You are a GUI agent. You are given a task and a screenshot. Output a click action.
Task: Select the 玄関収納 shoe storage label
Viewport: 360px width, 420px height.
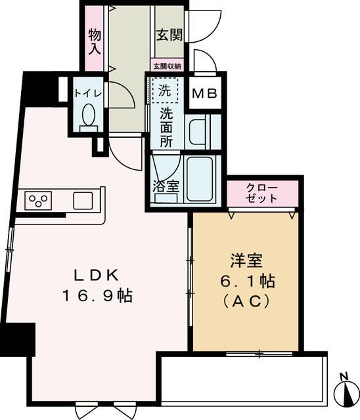click(x=168, y=66)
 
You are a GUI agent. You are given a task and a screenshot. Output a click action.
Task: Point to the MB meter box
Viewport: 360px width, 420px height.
click(x=204, y=94)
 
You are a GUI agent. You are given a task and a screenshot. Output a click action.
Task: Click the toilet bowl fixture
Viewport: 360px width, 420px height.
click(x=88, y=117)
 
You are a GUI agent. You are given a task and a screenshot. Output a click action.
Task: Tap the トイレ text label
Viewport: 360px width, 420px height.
click(x=87, y=93)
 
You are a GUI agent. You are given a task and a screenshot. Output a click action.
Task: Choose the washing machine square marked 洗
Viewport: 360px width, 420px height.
click(x=166, y=91)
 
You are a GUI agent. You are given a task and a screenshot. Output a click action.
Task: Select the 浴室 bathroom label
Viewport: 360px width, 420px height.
click(x=166, y=186)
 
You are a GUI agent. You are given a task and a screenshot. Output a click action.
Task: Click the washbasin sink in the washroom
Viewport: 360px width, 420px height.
click(x=199, y=131)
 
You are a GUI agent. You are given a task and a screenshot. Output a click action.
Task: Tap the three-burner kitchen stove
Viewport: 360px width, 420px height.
click(x=39, y=199)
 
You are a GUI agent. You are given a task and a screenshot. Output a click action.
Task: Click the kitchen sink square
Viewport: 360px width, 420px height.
click(x=83, y=199)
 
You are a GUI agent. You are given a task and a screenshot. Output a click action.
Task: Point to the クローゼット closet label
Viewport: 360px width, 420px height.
click(x=262, y=193)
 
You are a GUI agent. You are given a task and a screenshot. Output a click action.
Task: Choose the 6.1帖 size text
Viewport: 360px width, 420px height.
click(x=248, y=282)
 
